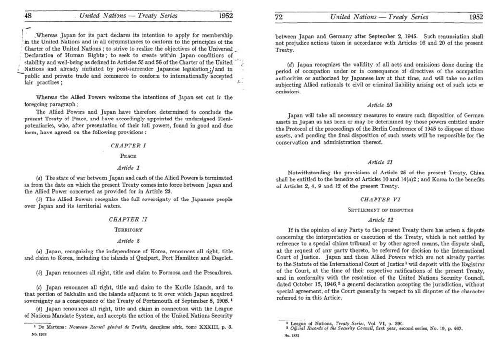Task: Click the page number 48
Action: [28, 16]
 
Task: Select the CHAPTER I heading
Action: [128, 145]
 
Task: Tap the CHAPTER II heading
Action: [128, 219]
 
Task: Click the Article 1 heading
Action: [128, 167]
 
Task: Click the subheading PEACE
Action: [128, 156]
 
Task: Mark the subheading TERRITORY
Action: [128, 230]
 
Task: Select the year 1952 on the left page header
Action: [226, 16]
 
